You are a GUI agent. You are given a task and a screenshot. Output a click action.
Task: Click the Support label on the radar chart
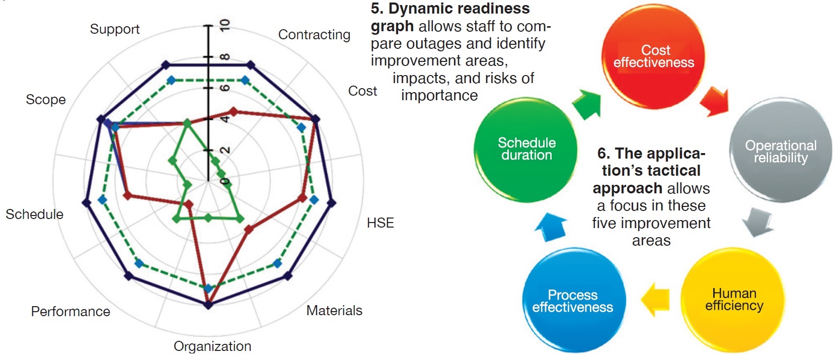(115, 29)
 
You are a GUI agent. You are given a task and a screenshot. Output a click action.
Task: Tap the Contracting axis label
(314, 35)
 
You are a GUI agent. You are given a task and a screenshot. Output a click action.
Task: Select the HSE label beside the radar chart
(380, 223)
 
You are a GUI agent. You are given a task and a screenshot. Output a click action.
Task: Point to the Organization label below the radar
(212, 346)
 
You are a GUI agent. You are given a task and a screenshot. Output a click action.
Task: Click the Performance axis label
(70, 312)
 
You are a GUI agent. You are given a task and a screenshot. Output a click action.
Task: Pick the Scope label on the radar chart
(46, 100)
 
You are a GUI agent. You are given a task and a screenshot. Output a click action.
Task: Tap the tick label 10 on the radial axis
(225, 25)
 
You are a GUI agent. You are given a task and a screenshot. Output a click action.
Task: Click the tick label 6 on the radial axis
(225, 88)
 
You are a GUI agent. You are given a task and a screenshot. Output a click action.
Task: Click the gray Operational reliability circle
(780, 151)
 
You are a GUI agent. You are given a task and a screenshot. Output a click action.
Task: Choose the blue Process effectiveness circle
(573, 301)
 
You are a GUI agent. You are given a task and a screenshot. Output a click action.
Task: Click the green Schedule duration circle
(526, 149)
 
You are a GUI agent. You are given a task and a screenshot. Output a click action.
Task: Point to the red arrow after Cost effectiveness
(715, 101)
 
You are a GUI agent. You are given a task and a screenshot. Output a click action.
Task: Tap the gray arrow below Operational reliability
(758, 222)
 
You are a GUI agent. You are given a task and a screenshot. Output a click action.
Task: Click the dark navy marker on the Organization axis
(208, 305)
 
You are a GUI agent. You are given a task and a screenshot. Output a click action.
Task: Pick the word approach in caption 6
(627, 188)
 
